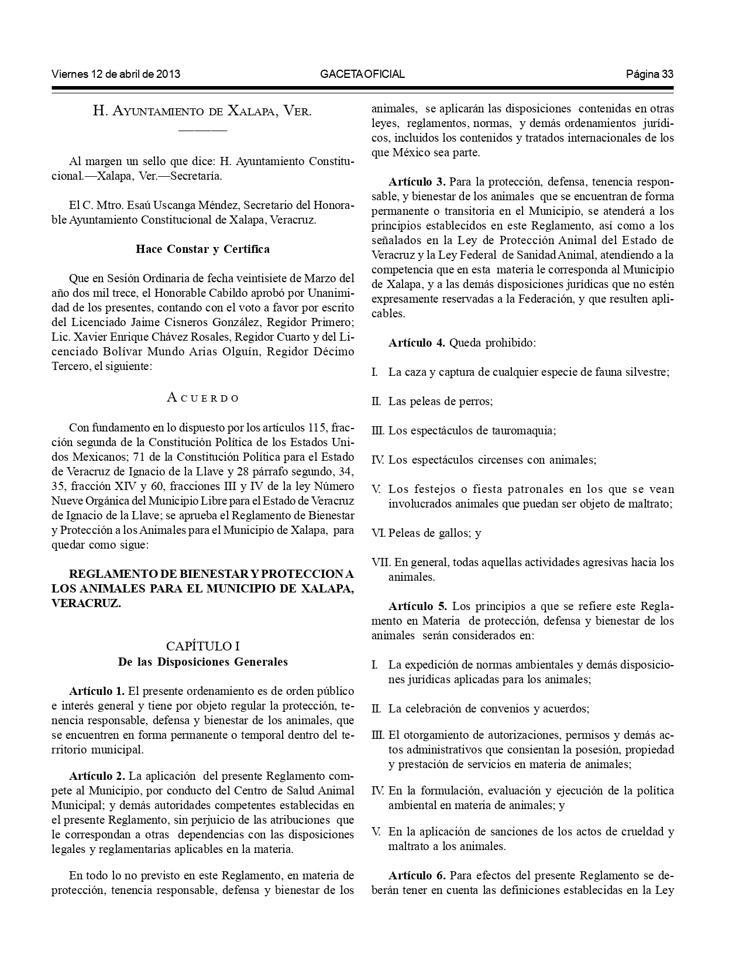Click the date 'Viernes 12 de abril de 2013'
pos(116,74)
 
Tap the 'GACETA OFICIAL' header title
pos(362,74)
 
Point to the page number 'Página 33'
pos(649,74)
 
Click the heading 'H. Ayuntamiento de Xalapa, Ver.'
pos(202,111)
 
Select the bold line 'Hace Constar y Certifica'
pos(202,249)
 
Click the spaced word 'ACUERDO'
pos(202,398)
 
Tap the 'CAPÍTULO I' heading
pos(202,646)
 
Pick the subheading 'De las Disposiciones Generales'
pos(202,662)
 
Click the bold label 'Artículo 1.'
pos(97,691)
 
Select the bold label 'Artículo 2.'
pos(97,776)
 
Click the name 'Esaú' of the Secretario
pos(137,205)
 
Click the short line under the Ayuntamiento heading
pos(202,129)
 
